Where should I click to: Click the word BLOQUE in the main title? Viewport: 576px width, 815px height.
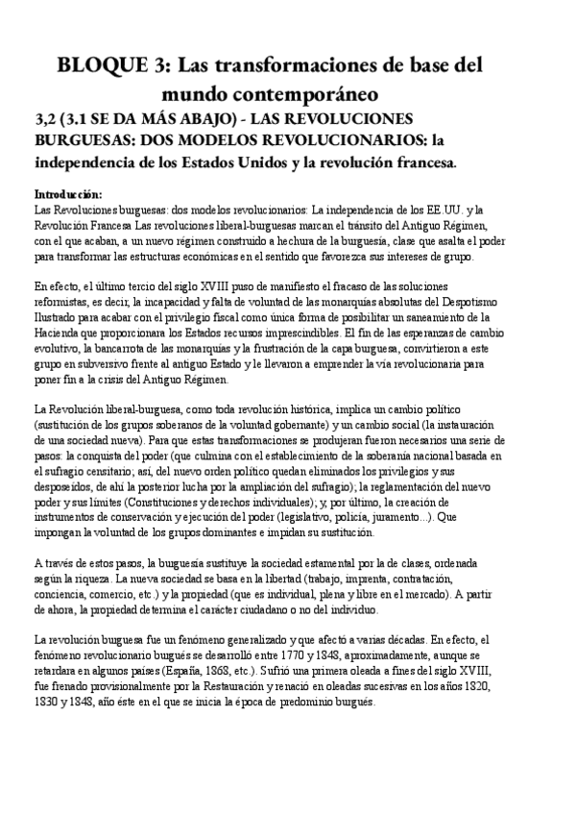tap(100, 66)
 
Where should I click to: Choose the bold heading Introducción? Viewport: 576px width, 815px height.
tap(74, 193)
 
